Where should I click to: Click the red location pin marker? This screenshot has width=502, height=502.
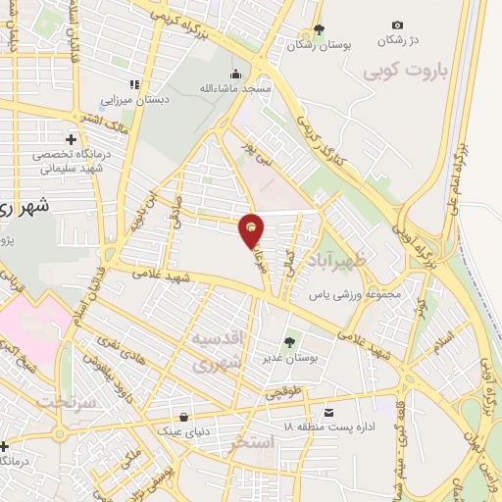253,230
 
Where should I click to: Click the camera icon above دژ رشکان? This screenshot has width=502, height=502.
397,25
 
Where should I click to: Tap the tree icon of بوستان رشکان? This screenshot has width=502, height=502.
318,28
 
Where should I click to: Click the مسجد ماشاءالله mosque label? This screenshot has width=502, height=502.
235,89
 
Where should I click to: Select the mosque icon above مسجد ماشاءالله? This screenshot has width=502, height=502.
235,74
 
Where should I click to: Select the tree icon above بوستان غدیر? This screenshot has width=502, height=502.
290,343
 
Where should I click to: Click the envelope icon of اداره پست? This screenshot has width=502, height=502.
329,412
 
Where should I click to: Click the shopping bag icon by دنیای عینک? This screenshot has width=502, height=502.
184,415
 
